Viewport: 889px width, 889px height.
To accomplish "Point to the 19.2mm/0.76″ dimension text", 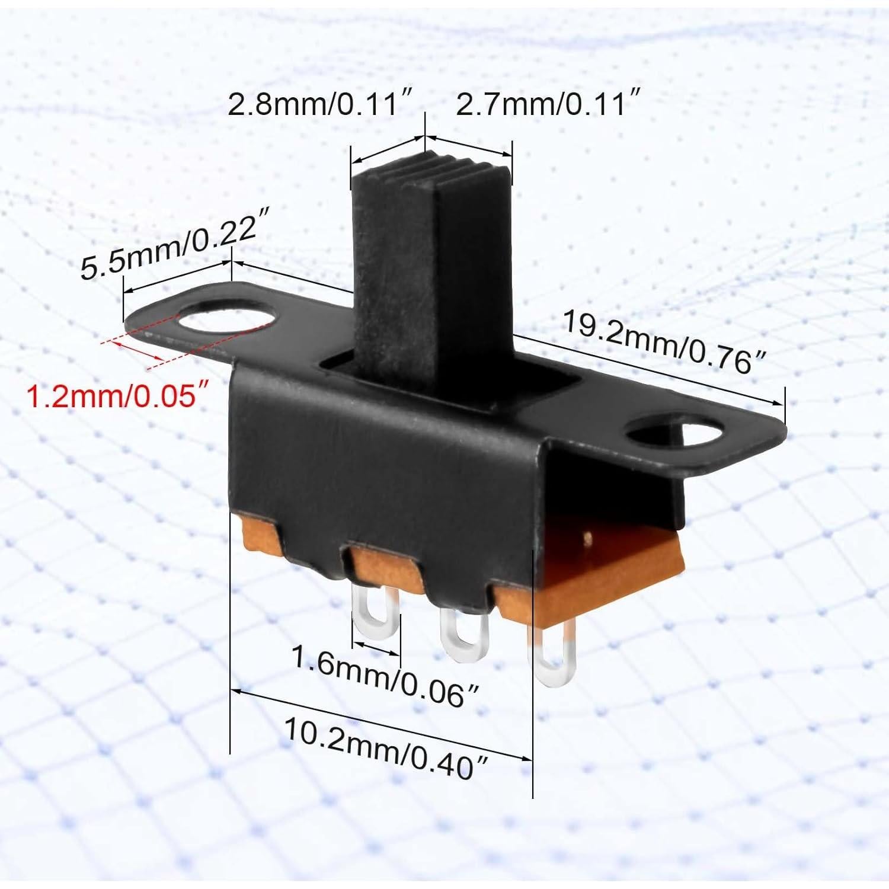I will click(x=664, y=342).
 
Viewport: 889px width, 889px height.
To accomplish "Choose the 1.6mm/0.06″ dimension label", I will click(x=385, y=676).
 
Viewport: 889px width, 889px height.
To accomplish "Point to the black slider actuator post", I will click(x=430, y=267).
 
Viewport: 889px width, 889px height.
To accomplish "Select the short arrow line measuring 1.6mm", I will click(x=376, y=647).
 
